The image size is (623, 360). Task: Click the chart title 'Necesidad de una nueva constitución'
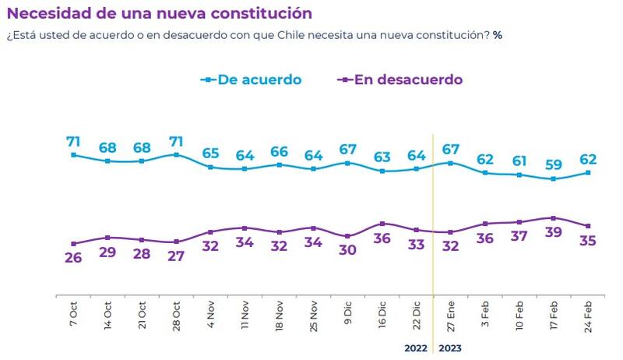coord(160,13)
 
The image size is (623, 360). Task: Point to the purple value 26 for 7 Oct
coord(73,258)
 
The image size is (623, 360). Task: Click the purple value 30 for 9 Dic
coord(347,251)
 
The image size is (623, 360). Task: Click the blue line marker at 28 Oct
coord(176,155)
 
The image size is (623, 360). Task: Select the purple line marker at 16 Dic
coord(382,224)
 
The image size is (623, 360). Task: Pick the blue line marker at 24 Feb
coord(587,172)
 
